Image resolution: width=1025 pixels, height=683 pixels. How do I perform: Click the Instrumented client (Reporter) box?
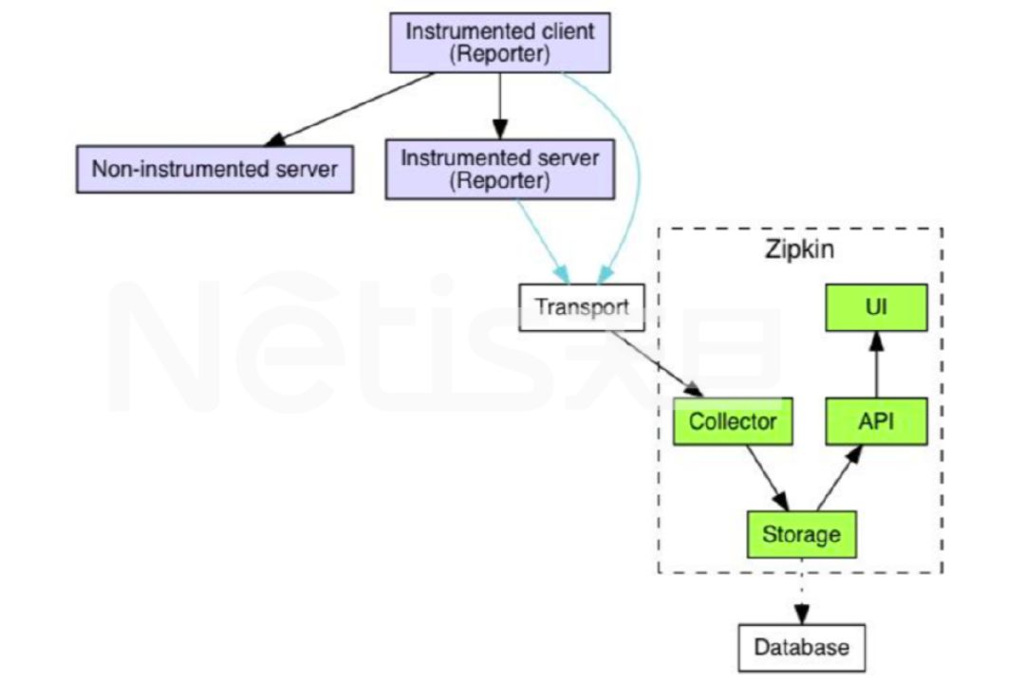500,43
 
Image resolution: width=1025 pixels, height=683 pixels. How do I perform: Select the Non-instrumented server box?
214,170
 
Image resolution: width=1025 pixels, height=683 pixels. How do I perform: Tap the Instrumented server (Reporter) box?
499,169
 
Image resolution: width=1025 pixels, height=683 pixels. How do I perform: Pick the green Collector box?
733,421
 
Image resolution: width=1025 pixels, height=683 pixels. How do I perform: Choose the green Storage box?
801,534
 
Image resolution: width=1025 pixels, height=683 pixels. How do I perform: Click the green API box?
876,421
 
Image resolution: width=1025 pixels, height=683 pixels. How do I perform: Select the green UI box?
876,307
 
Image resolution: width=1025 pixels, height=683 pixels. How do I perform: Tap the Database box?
802,648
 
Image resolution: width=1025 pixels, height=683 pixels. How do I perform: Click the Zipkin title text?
800,251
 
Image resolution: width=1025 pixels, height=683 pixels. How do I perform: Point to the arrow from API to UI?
876,365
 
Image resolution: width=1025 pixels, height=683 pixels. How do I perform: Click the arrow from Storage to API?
840,478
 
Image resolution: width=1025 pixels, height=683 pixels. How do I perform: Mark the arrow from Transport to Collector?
656,363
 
